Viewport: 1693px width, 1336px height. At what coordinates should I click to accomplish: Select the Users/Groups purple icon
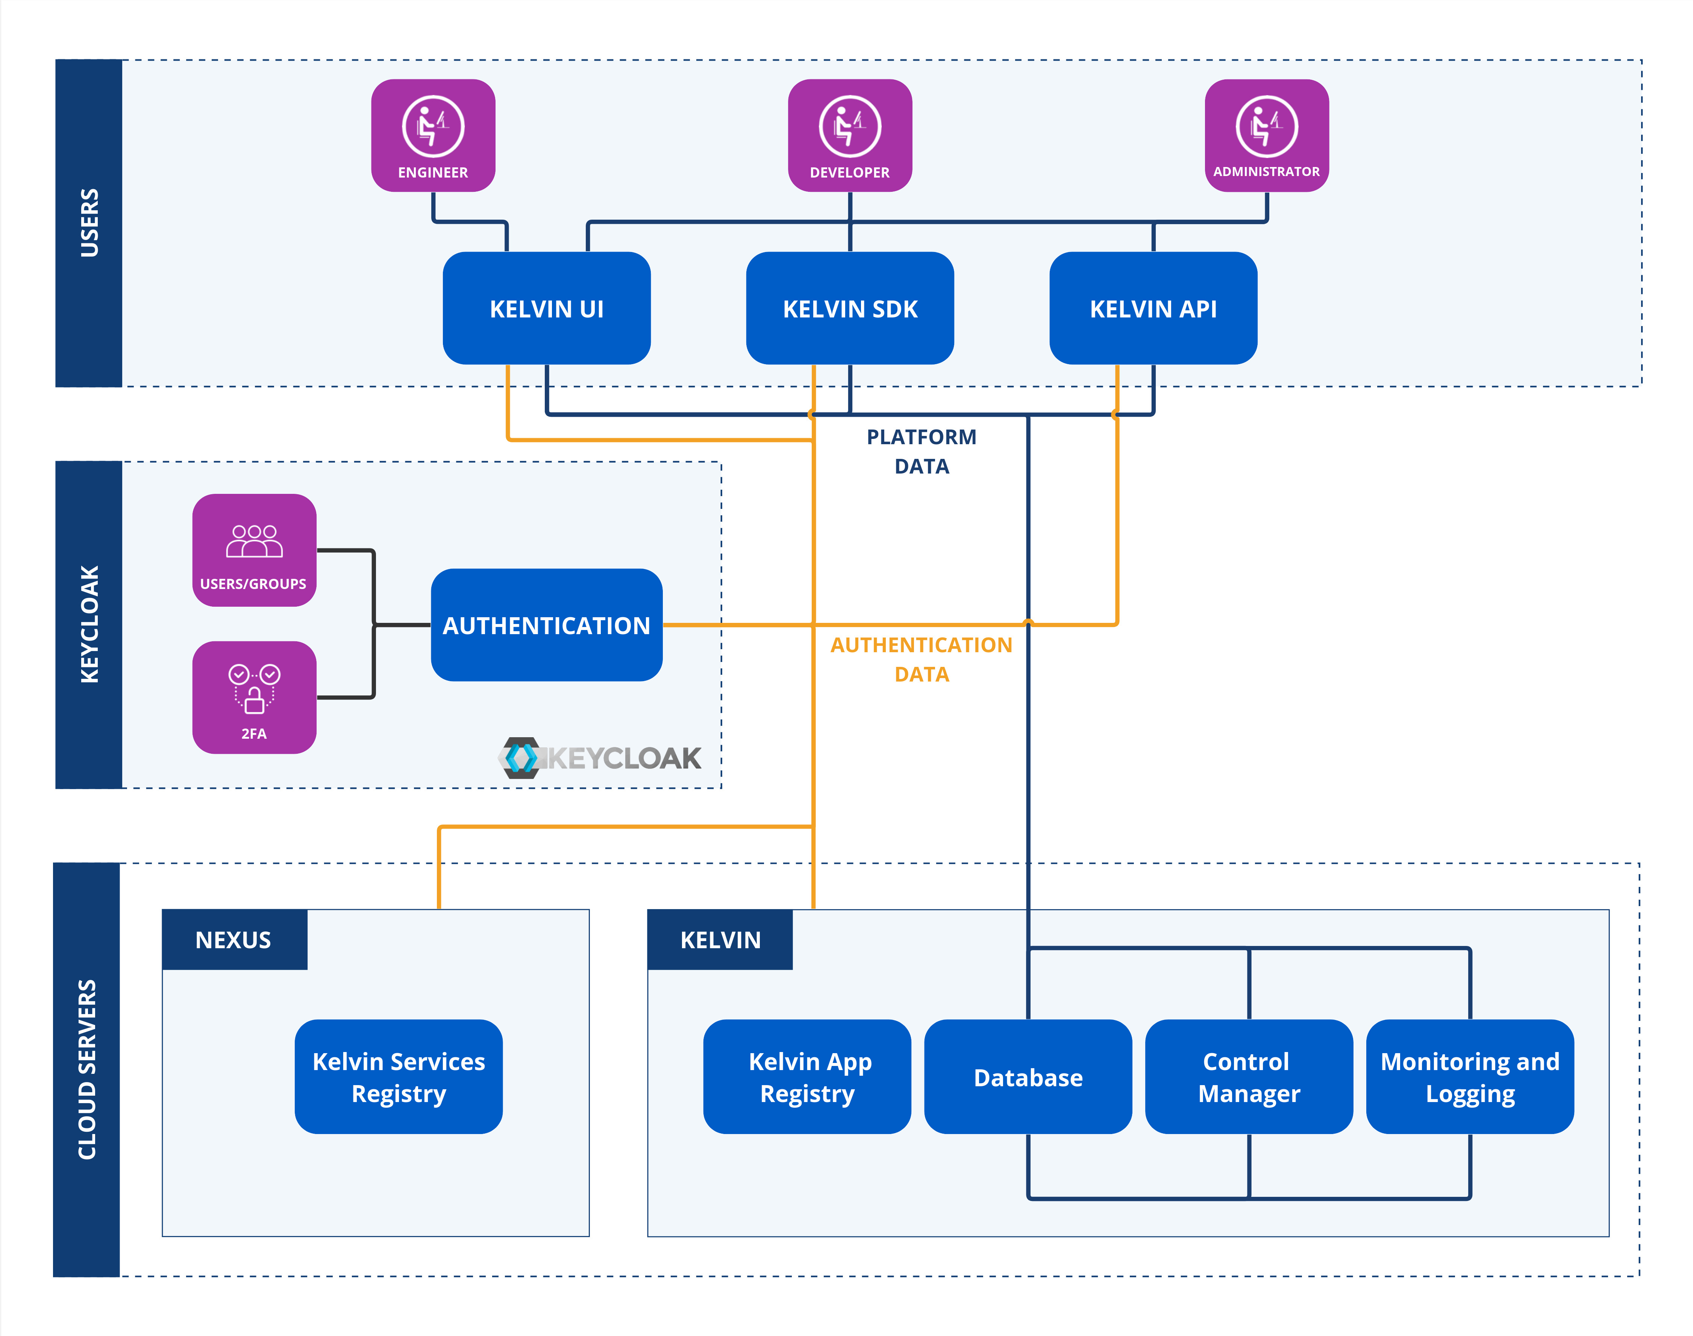[x=254, y=550]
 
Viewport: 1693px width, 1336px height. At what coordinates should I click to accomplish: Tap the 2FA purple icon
[x=254, y=697]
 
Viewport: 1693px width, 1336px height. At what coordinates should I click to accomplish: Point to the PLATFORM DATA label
[x=921, y=451]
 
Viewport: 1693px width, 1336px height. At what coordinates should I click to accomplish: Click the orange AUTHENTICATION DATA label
[x=921, y=659]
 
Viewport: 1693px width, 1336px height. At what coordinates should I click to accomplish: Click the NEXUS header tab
[x=234, y=940]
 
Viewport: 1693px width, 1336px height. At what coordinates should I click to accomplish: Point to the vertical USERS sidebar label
[x=89, y=223]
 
